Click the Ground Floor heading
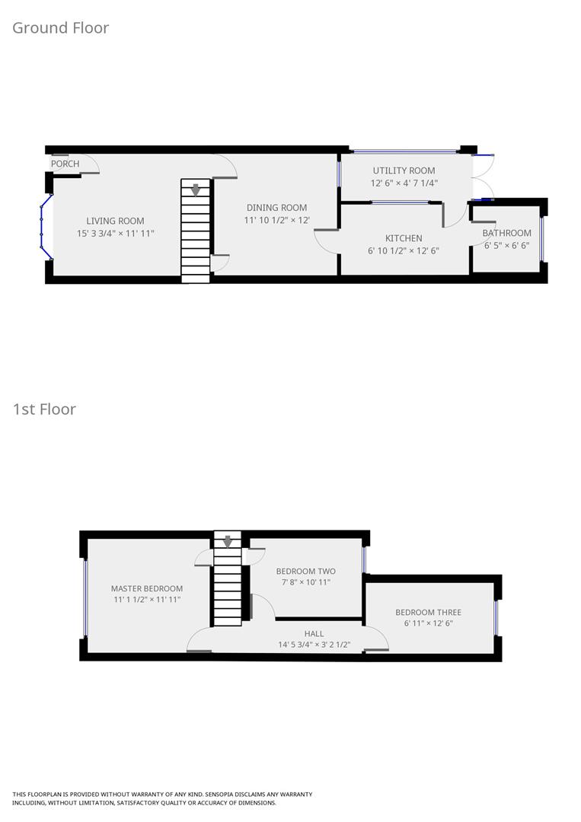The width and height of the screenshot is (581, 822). tap(61, 28)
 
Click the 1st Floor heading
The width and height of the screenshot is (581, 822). tap(44, 409)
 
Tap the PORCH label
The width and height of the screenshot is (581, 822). tap(65, 164)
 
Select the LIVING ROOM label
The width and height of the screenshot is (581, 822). tap(115, 221)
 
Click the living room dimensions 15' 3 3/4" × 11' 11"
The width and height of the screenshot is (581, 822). tap(115, 233)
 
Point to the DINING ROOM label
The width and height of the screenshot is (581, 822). tap(276, 208)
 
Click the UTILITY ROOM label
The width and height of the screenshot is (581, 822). tap(404, 170)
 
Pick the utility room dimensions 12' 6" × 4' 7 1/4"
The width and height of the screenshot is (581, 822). tap(404, 183)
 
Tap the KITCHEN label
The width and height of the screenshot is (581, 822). tap(404, 238)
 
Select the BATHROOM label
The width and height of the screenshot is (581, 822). tap(506, 233)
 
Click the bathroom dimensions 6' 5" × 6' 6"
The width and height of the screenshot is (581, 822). tap(506, 245)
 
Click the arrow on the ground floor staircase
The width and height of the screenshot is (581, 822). tap(196, 190)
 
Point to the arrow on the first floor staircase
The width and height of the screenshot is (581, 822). tap(227, 541)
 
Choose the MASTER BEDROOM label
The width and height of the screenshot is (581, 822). tap(147, 588)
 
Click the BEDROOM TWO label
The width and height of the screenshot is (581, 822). tap(305, 571)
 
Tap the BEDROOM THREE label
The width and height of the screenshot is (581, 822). tap(428, 612)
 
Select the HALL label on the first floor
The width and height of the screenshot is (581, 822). tap(314, 633)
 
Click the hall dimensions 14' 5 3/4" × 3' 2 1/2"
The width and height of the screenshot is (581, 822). tap(314, 645)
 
